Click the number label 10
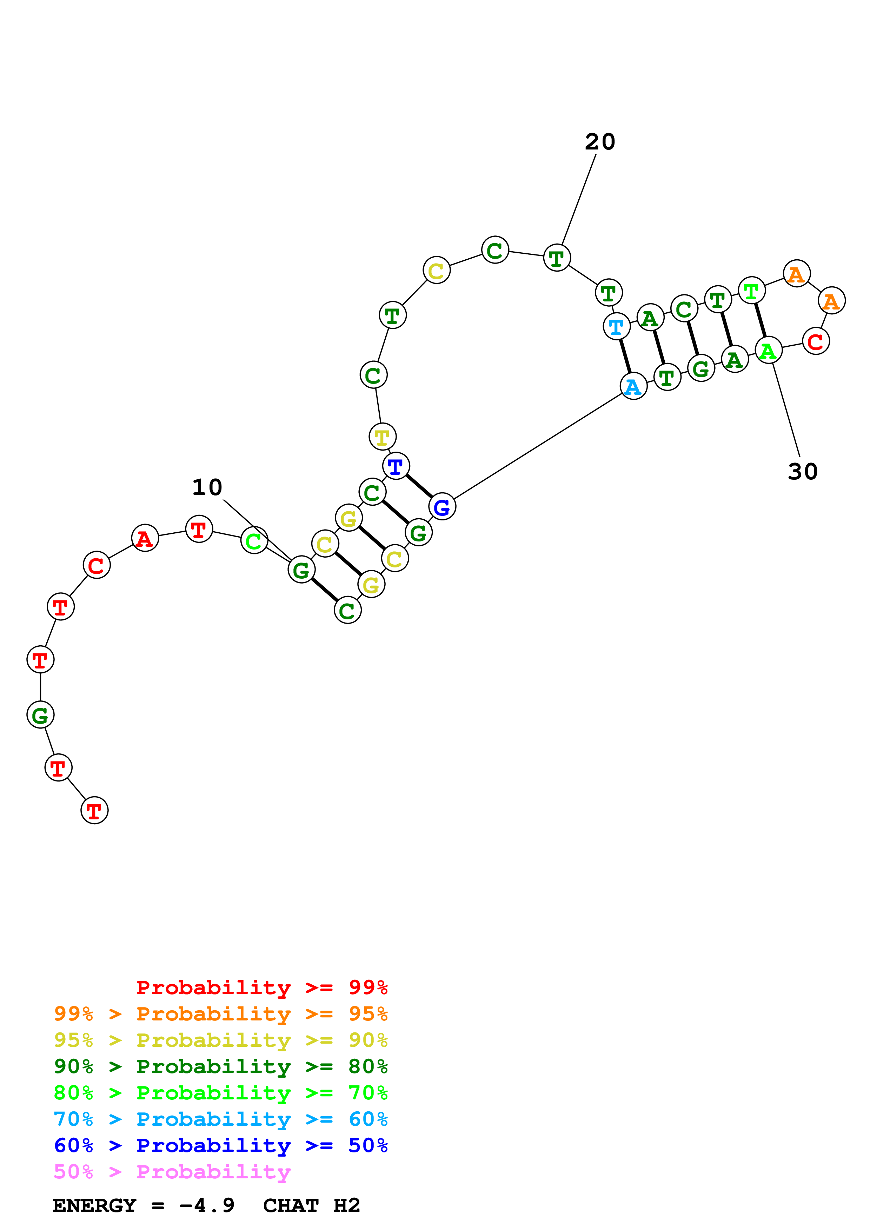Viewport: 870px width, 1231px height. (x=207, y=487)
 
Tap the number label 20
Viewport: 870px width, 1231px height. (x=600, y=142)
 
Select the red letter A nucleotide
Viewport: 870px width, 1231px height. (x=145, y=538)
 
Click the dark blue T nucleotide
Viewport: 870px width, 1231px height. (x=396, y=466)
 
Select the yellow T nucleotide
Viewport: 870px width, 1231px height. (x=382, y=437)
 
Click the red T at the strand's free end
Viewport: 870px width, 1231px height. (x=94, y=810)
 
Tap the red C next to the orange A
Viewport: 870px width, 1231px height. (x=815, y=341)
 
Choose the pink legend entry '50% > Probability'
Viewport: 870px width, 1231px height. (x=172, y=1172)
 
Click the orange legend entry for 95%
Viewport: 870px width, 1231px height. (x=220, y=1014)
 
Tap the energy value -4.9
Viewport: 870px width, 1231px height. (x=207, y=1206)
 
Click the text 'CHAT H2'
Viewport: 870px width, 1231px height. (x=311, y=1206)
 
